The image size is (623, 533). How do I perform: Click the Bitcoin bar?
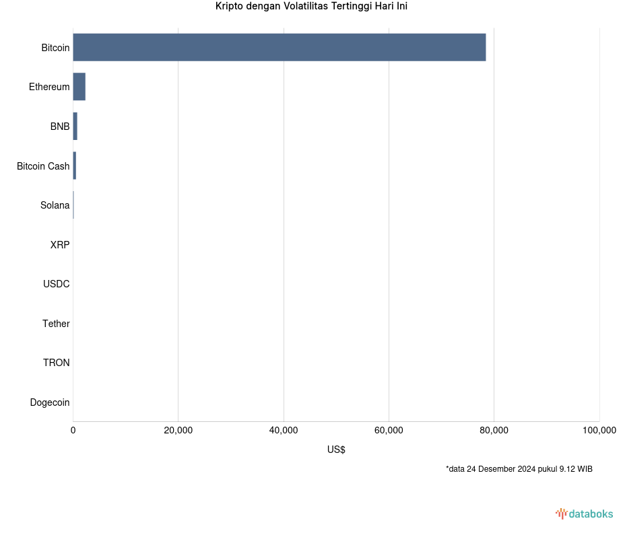(x=279, y=47)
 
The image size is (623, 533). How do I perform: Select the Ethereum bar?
(x=79, y=87)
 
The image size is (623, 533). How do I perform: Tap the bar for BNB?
(x=75, y=127)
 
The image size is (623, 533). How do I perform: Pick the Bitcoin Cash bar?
(x=74, y=166)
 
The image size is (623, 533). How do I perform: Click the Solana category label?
(x=55, y=205)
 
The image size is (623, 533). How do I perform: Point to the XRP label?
(x=59, y=245)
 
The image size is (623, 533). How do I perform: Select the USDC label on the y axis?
(x=56, y=284)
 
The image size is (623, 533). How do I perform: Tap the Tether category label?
(x=56, y=324)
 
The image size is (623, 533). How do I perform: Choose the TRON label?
(x=56, y=363)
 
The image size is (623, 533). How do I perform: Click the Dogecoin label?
(x=50, y=402)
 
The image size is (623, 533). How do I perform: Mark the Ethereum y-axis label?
(x=49, y=87)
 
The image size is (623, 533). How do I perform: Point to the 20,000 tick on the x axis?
(x=178, y=431)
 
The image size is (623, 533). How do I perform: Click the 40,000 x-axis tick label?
(x=284, y=431)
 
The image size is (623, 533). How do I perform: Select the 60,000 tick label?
(x=389, y=431)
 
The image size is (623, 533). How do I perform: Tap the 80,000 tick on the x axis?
(x=494, y=431)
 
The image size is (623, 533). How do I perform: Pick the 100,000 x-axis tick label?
(x=599, y=431)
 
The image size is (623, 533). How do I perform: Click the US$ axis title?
(x=336, y=450)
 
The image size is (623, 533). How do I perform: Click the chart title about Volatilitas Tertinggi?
(x=311, y=7)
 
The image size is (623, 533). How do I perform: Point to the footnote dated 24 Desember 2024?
(x=519, y=469)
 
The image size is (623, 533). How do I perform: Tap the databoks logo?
(x=584, y=514)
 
